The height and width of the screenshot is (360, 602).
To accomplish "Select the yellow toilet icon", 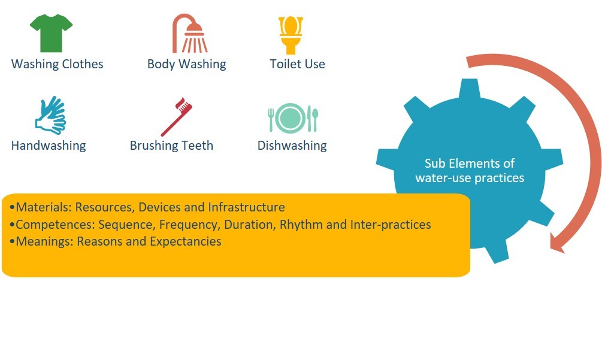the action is pyautogui.click(x=291, y=35).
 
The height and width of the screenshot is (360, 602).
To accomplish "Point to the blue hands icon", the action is pyautogui.click(x=51, y=115).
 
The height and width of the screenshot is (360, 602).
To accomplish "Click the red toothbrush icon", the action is pyautogui.click(x=177, y=117).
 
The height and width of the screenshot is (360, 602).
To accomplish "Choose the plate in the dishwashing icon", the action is pyautogui.click(x=291, y=118).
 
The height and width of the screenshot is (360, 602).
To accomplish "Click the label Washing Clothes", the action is pyautogui.click(x=58, y=64).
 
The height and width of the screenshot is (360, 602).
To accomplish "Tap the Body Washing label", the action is pyautogui.click(x=186, y=64).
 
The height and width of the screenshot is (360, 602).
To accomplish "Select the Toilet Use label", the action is pyautogui.click(x=297, y=64).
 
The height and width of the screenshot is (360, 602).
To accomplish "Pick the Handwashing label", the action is pyautogui.click(x=49, y=146).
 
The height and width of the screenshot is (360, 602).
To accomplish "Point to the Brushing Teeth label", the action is pyautogui.click(x=171, y=146).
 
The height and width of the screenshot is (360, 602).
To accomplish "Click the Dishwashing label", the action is pyautogui.click(x=292, y=146).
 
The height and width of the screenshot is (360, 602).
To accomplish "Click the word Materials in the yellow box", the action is pyautogui.click(x=43, y=207).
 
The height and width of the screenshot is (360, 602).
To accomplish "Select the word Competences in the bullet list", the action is pyautogui.click(x=55, y=225).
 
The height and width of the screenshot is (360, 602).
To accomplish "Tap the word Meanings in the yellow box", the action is pyautogui.click(x=44, y=241).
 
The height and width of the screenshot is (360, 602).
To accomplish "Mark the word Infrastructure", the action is pyautogui.click(x=246, y=207).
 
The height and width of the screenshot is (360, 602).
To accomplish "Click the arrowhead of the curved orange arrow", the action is pyautogui.click(x=557, y=243).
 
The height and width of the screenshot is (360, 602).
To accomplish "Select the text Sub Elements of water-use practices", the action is pyautogui.click(x=470, y=171).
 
